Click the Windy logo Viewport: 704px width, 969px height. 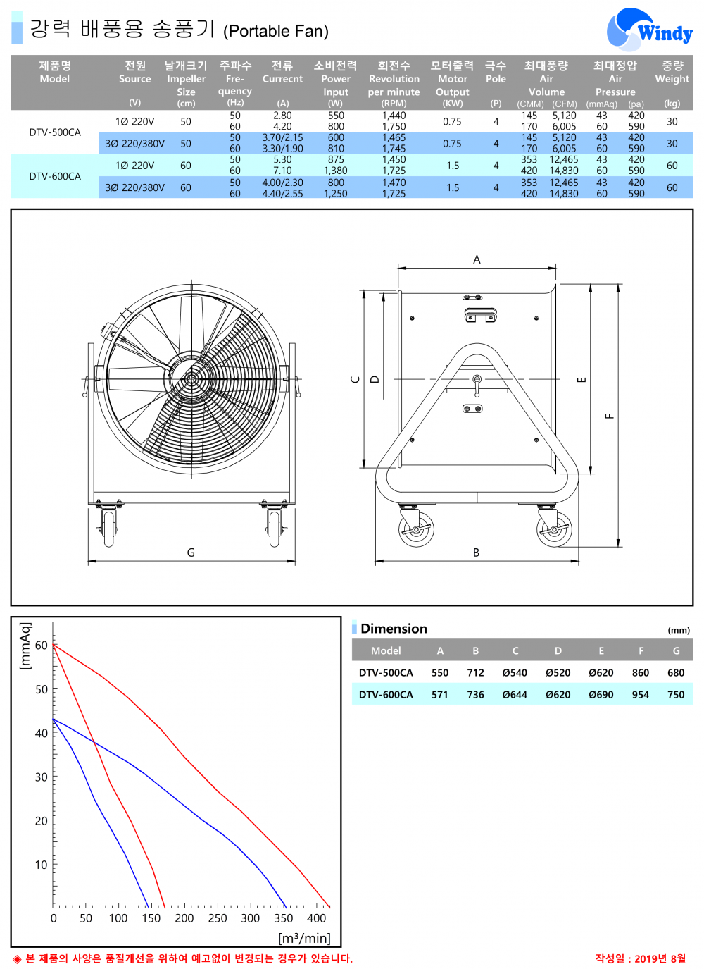[649, 30]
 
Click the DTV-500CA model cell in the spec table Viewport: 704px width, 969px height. [55, 132]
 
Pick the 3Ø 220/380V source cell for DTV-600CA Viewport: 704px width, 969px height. [134, 188]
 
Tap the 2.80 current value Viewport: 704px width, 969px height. [282, 116]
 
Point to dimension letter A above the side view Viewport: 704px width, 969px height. [477, 260]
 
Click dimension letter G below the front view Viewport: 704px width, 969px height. [191, 553]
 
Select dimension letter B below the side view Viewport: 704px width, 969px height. [476, 553]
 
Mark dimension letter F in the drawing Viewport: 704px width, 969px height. [610, 416]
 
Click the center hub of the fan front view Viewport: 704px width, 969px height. [190, 379]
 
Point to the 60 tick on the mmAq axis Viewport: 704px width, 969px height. [42, 646]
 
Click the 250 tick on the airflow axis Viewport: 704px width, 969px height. [218, 918]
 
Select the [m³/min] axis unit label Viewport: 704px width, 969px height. [304, 938]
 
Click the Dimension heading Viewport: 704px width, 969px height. [394, 629]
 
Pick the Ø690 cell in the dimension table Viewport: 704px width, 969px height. [601, 695]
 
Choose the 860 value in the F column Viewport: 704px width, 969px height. [641, 673]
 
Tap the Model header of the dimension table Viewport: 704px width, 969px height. [386, 651]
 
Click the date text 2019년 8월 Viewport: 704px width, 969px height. [660, 958]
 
